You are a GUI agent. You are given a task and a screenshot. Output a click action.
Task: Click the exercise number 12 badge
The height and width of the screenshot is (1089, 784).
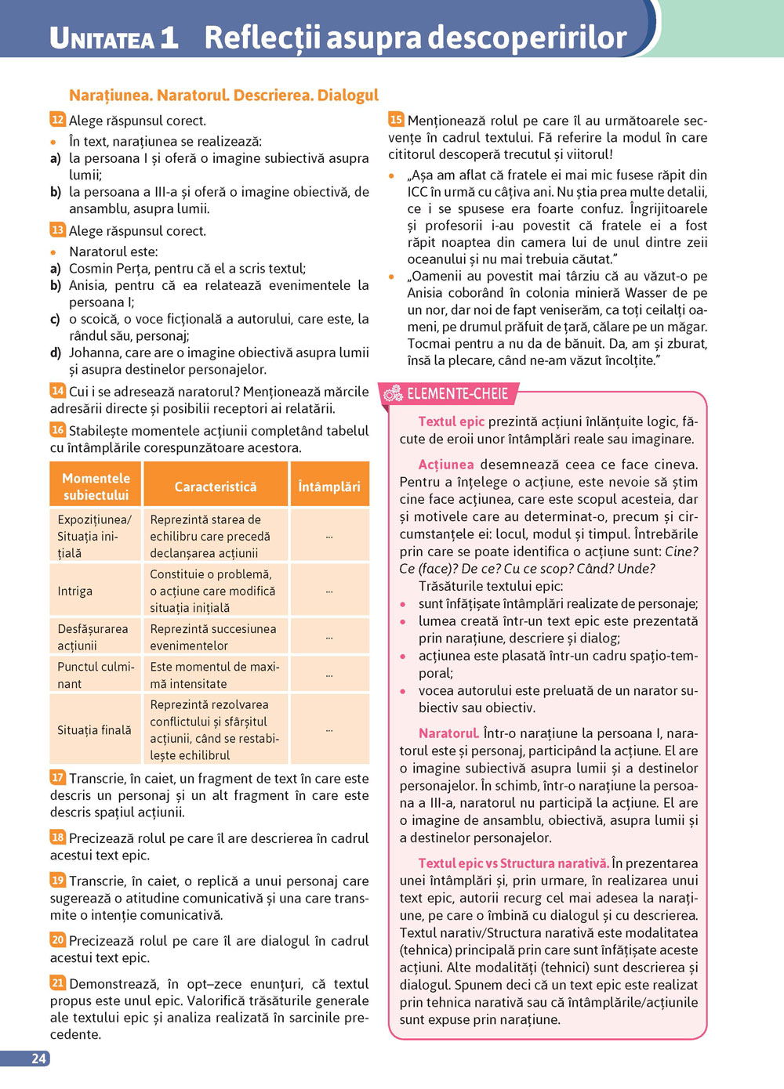pyautogui.click(x=57, y=119)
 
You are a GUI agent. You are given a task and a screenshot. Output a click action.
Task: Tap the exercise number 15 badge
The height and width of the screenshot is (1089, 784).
pyautogui.click(x=396, y=119)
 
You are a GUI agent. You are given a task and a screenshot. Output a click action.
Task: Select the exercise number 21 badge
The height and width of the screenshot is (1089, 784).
pyautogui.click(x=57, y=982)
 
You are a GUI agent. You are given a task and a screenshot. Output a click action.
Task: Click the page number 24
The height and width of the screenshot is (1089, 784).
pyautogui.click(x=38, y=1058)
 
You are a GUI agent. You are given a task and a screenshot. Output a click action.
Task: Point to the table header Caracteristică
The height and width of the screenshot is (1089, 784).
pyautogui.click(x=216, y=487)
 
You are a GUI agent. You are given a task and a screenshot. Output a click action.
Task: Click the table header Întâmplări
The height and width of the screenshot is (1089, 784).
pyautogui.click(x=329, y=487)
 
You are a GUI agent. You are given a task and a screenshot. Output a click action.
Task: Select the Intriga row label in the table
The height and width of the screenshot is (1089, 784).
pyautogui.click(x=75, y=591)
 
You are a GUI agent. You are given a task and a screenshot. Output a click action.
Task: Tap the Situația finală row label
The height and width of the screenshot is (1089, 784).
pyautogui.click(x=94, y=729)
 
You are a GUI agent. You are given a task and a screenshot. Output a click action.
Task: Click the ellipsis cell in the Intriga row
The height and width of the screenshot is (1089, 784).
pyautogui.click(x=329, y=591)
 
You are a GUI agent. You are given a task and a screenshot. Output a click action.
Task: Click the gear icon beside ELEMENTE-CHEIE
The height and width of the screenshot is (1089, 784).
pyautogui.click(x=392, y=393)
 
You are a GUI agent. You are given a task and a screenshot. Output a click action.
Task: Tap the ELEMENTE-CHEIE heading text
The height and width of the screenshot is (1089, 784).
pyautogui.click(x=458, y=393)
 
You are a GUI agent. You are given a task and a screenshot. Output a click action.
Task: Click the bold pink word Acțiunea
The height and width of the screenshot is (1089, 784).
pyautogui.click(x=445, y=465)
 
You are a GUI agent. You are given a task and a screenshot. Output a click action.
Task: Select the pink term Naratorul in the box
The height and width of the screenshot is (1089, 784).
pyautogui.click(x=448, y=733)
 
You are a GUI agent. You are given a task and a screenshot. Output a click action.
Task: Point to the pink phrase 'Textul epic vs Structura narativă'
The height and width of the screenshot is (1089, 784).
pyautogui.click(x=513, y=863)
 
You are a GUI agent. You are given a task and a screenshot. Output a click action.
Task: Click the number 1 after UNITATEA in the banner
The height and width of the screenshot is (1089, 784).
pyautogui.click(x=169, y=38)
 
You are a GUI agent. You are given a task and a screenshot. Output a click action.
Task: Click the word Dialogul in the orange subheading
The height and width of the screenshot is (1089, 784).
pyautogui.click(x=348, y=96)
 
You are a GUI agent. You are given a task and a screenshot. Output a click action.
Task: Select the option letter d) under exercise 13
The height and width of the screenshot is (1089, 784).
pyautogui.click(x=55, y=353)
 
